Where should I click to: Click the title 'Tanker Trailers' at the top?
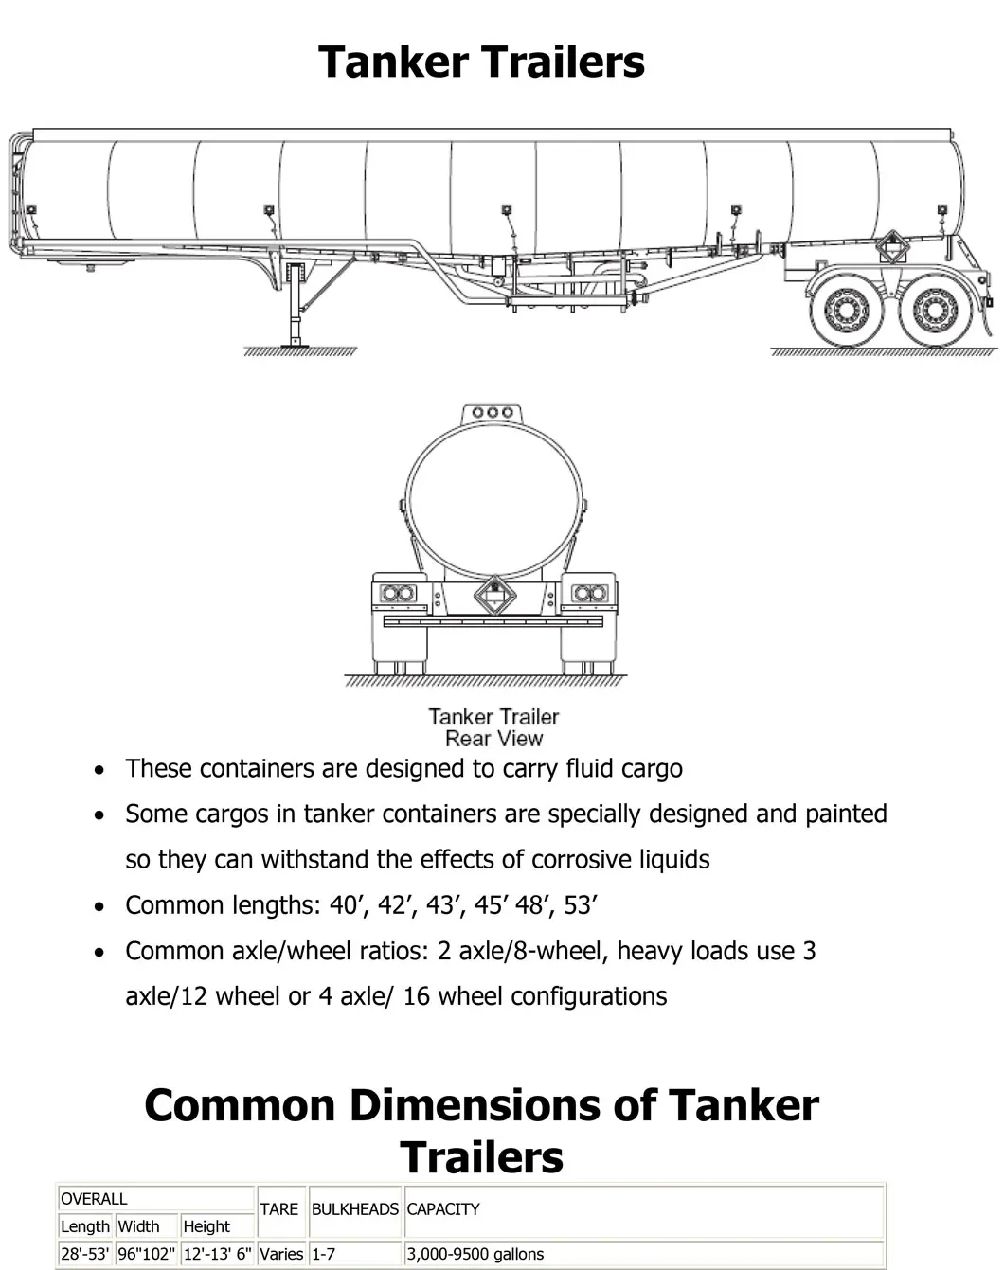pos(481,62)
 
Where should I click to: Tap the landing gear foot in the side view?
pos(296,342)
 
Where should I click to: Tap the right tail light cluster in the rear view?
pos(589,593)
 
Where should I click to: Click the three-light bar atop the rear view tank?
pos(493,413)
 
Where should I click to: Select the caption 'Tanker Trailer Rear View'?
pos(493,727)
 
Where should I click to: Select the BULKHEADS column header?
pos(354,1209)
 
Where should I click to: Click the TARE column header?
pos(278,1209)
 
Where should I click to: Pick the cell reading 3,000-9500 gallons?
pos(475,1254)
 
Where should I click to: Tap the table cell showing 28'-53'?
pos(84,1254)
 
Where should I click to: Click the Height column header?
pos(206,1226)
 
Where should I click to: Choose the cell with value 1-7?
pos(323,1254)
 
